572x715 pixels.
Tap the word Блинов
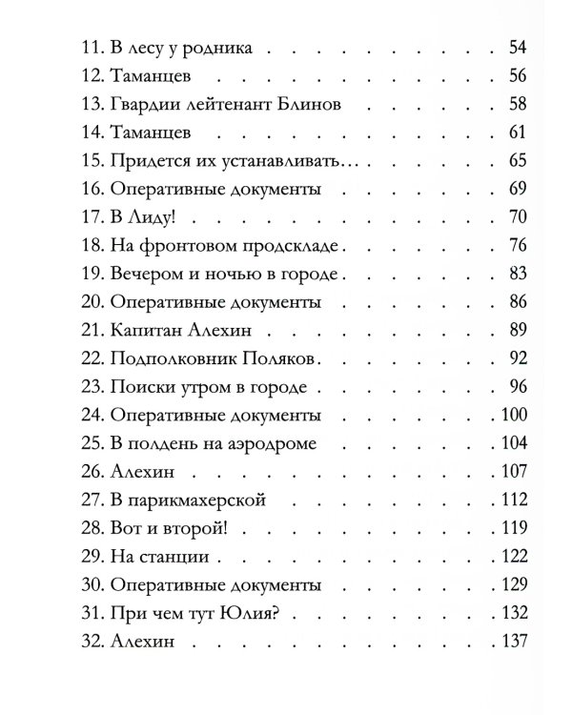pos(304,102)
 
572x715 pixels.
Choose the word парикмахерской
pos(207,500)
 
